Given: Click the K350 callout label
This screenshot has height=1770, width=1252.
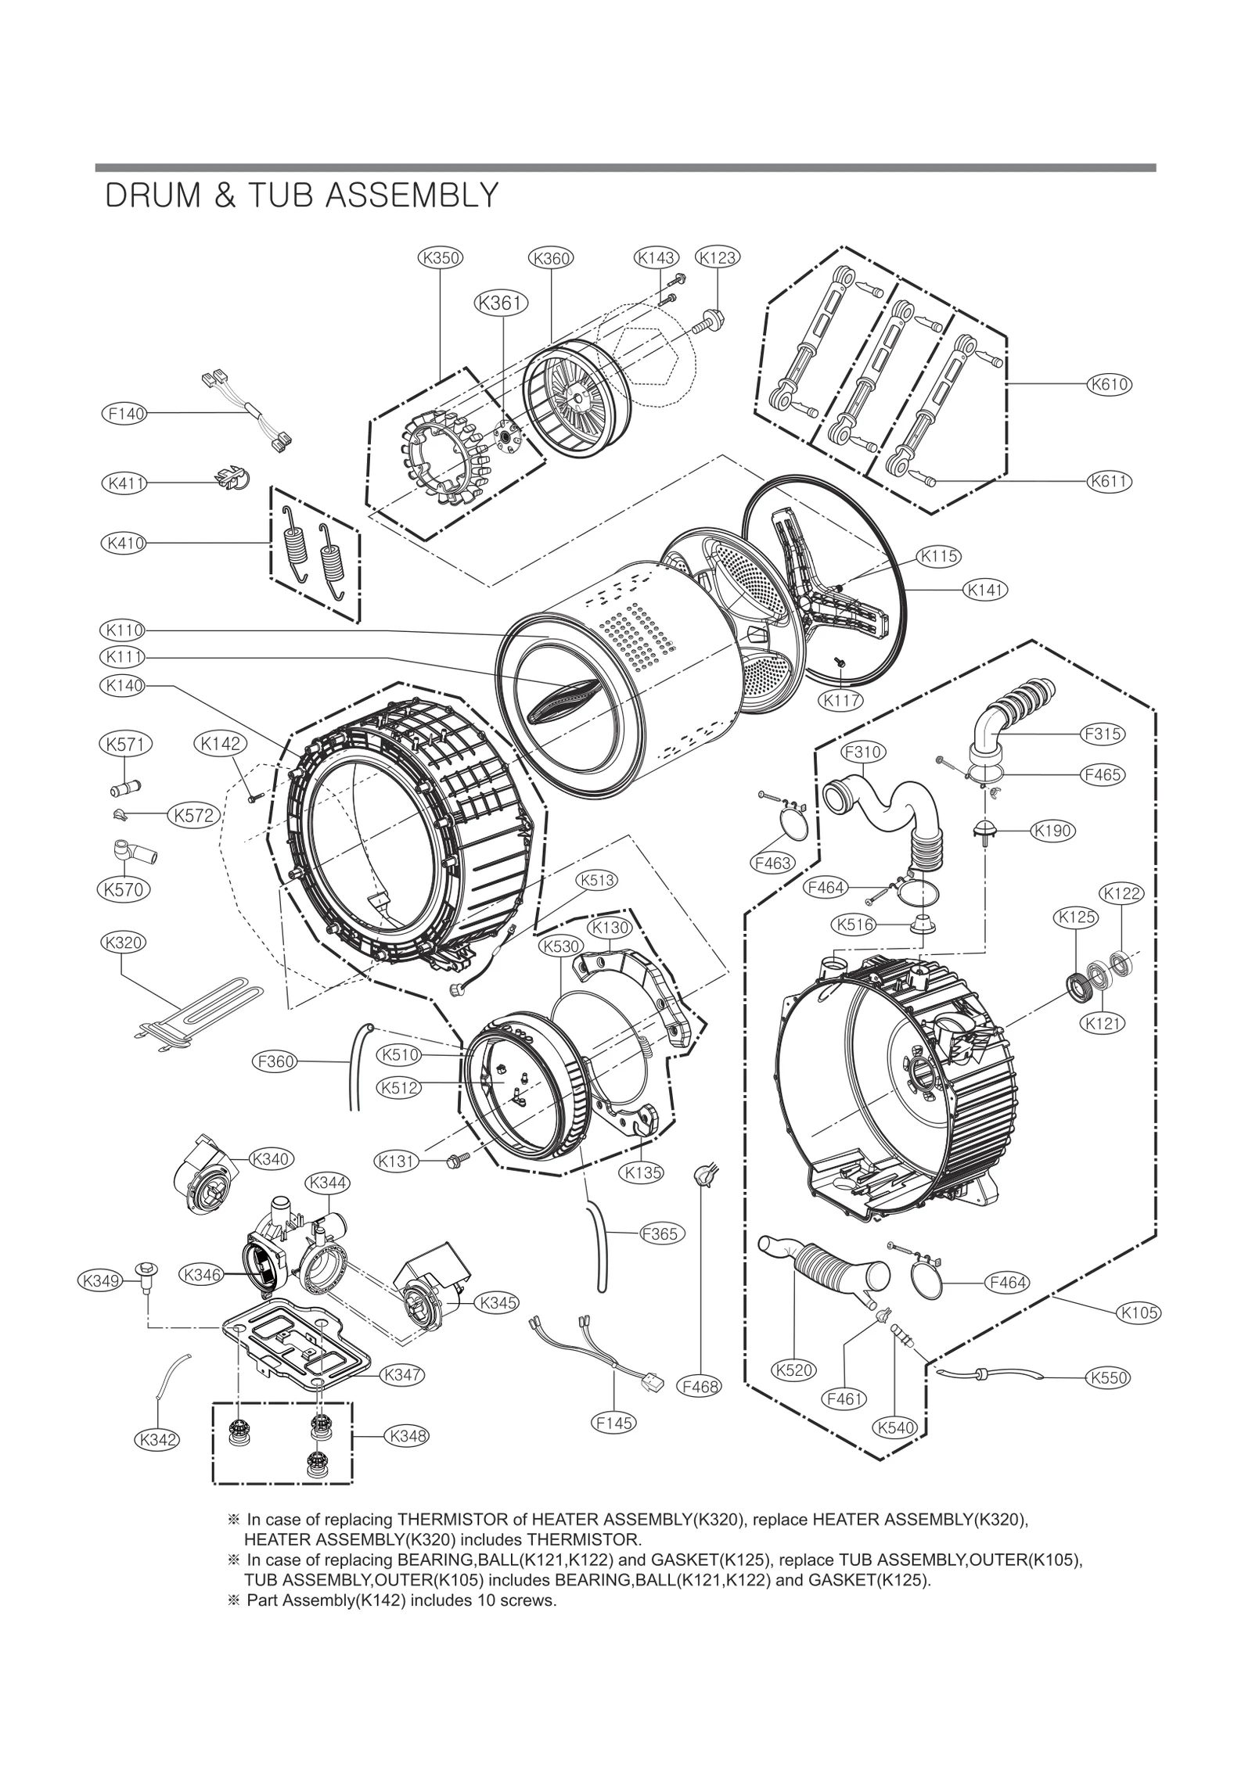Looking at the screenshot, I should pyautogui.click(x=440, y=257).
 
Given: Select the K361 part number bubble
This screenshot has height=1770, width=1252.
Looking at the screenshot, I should pyautogui.click(x=501, y=303).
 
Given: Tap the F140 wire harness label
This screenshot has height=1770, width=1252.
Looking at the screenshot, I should pyautogui.click(x=125, y=413).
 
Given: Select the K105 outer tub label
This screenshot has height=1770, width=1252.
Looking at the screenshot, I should pyautogui.click(x=1139, y=1312).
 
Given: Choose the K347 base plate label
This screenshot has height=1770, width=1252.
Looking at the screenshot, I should pyautogui.click(x=403, y=1374).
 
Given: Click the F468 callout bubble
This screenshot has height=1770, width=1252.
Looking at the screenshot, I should pyautogui.click(x=700, y=1386).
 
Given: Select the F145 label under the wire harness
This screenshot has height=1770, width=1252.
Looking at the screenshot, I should pyautogui.click(x=613, y=1424).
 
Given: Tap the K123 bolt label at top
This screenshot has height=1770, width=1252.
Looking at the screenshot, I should pyautogui.click(x=718, y=257).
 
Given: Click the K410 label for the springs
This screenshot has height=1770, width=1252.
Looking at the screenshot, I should pyautogui.click(x=124, y=542).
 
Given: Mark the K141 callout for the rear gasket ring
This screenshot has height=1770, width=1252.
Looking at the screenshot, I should pyautogui.click(x=984, y=590).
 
